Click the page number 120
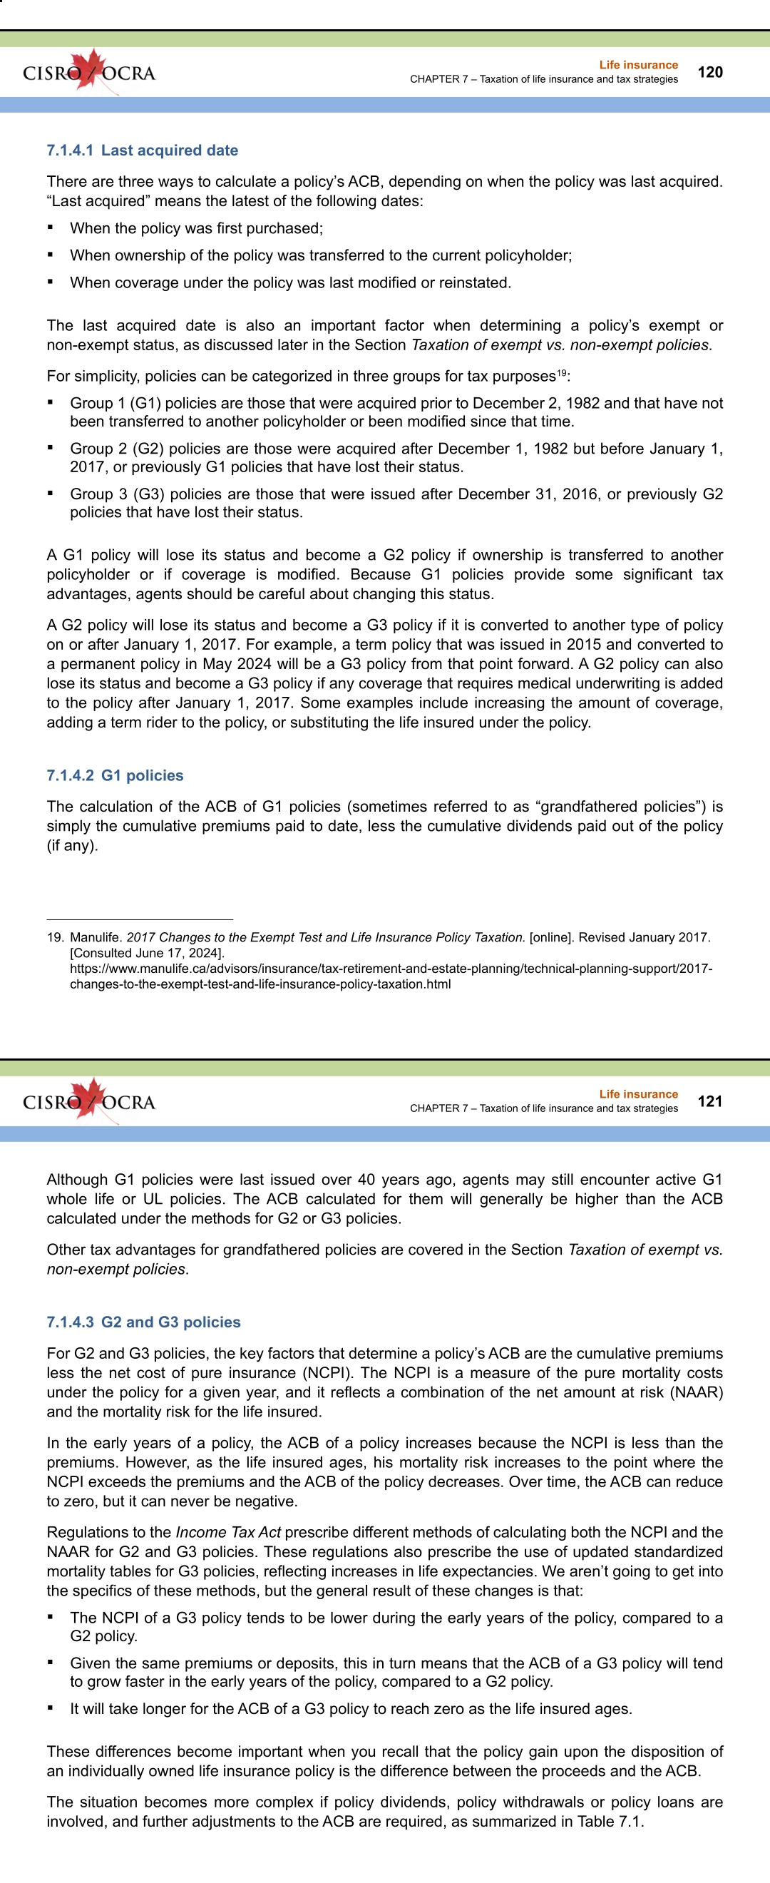coord(710,72)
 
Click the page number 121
coord(710,1101)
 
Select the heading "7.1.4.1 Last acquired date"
coord(143,150)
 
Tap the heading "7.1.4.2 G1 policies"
coord(115,775)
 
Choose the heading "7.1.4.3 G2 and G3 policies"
coord(143,1322)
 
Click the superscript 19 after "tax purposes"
coord(561,373)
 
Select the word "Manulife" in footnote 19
coord(94,938)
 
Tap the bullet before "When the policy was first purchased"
coord(51,228)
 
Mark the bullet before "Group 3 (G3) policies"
coord(51,494)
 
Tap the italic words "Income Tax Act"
coord(227,1532)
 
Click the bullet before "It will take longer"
coord(51,1708)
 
